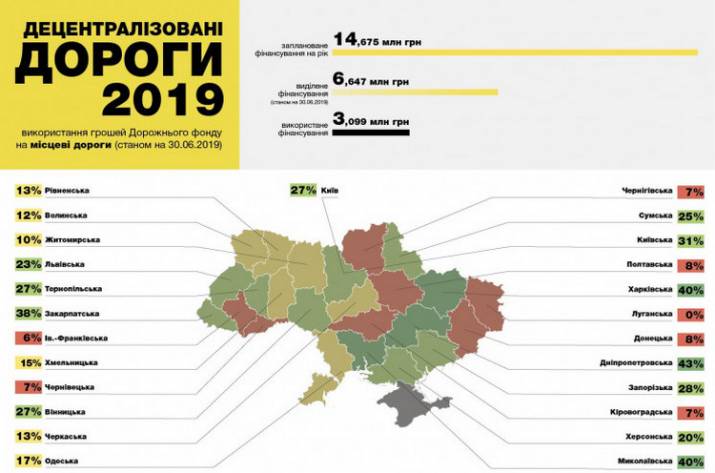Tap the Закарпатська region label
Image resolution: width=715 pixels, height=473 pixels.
pyautogui.click(x=76, y=312)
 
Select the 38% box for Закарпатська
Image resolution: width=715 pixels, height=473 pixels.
pyautogui.click(x=26, y=312)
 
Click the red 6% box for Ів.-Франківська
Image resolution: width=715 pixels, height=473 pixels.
pyautogui.click(x=28, y=337)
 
